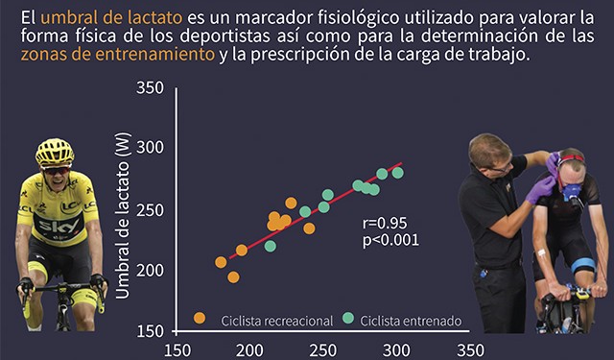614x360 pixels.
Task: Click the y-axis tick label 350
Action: click(150, 87)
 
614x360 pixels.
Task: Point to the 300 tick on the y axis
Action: click(150, 148)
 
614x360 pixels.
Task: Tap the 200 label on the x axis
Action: click(249, 350)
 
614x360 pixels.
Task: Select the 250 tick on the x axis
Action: click(322, 350)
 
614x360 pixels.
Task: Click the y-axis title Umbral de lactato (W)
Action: click(123, 215)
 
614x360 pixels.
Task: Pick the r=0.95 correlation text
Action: click(385, 224)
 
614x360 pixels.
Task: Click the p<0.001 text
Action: click(390, 240)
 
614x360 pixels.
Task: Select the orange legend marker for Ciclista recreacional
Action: click(200, 318)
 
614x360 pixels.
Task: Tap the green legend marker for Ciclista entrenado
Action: click(348, 318)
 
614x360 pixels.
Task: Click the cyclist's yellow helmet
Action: click(55, 152)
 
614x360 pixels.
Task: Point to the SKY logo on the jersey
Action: click(59, 226)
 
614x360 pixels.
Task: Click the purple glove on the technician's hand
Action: click(540, 190)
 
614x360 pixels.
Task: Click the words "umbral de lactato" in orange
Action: click(111, 17)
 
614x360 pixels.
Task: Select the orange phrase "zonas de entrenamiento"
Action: click(118, 55)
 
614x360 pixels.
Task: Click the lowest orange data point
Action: click(233, 277)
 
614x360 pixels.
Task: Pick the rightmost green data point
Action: click(398, 173)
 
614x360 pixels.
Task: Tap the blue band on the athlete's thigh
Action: click(583, 265)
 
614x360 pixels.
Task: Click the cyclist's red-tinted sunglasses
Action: click(56, 171)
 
